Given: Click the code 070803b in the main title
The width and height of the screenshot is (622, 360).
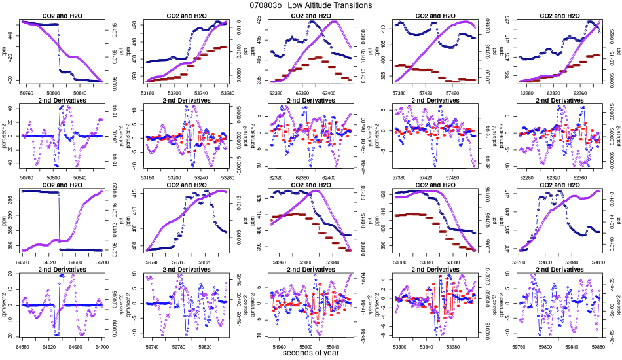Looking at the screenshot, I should point(266,5).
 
